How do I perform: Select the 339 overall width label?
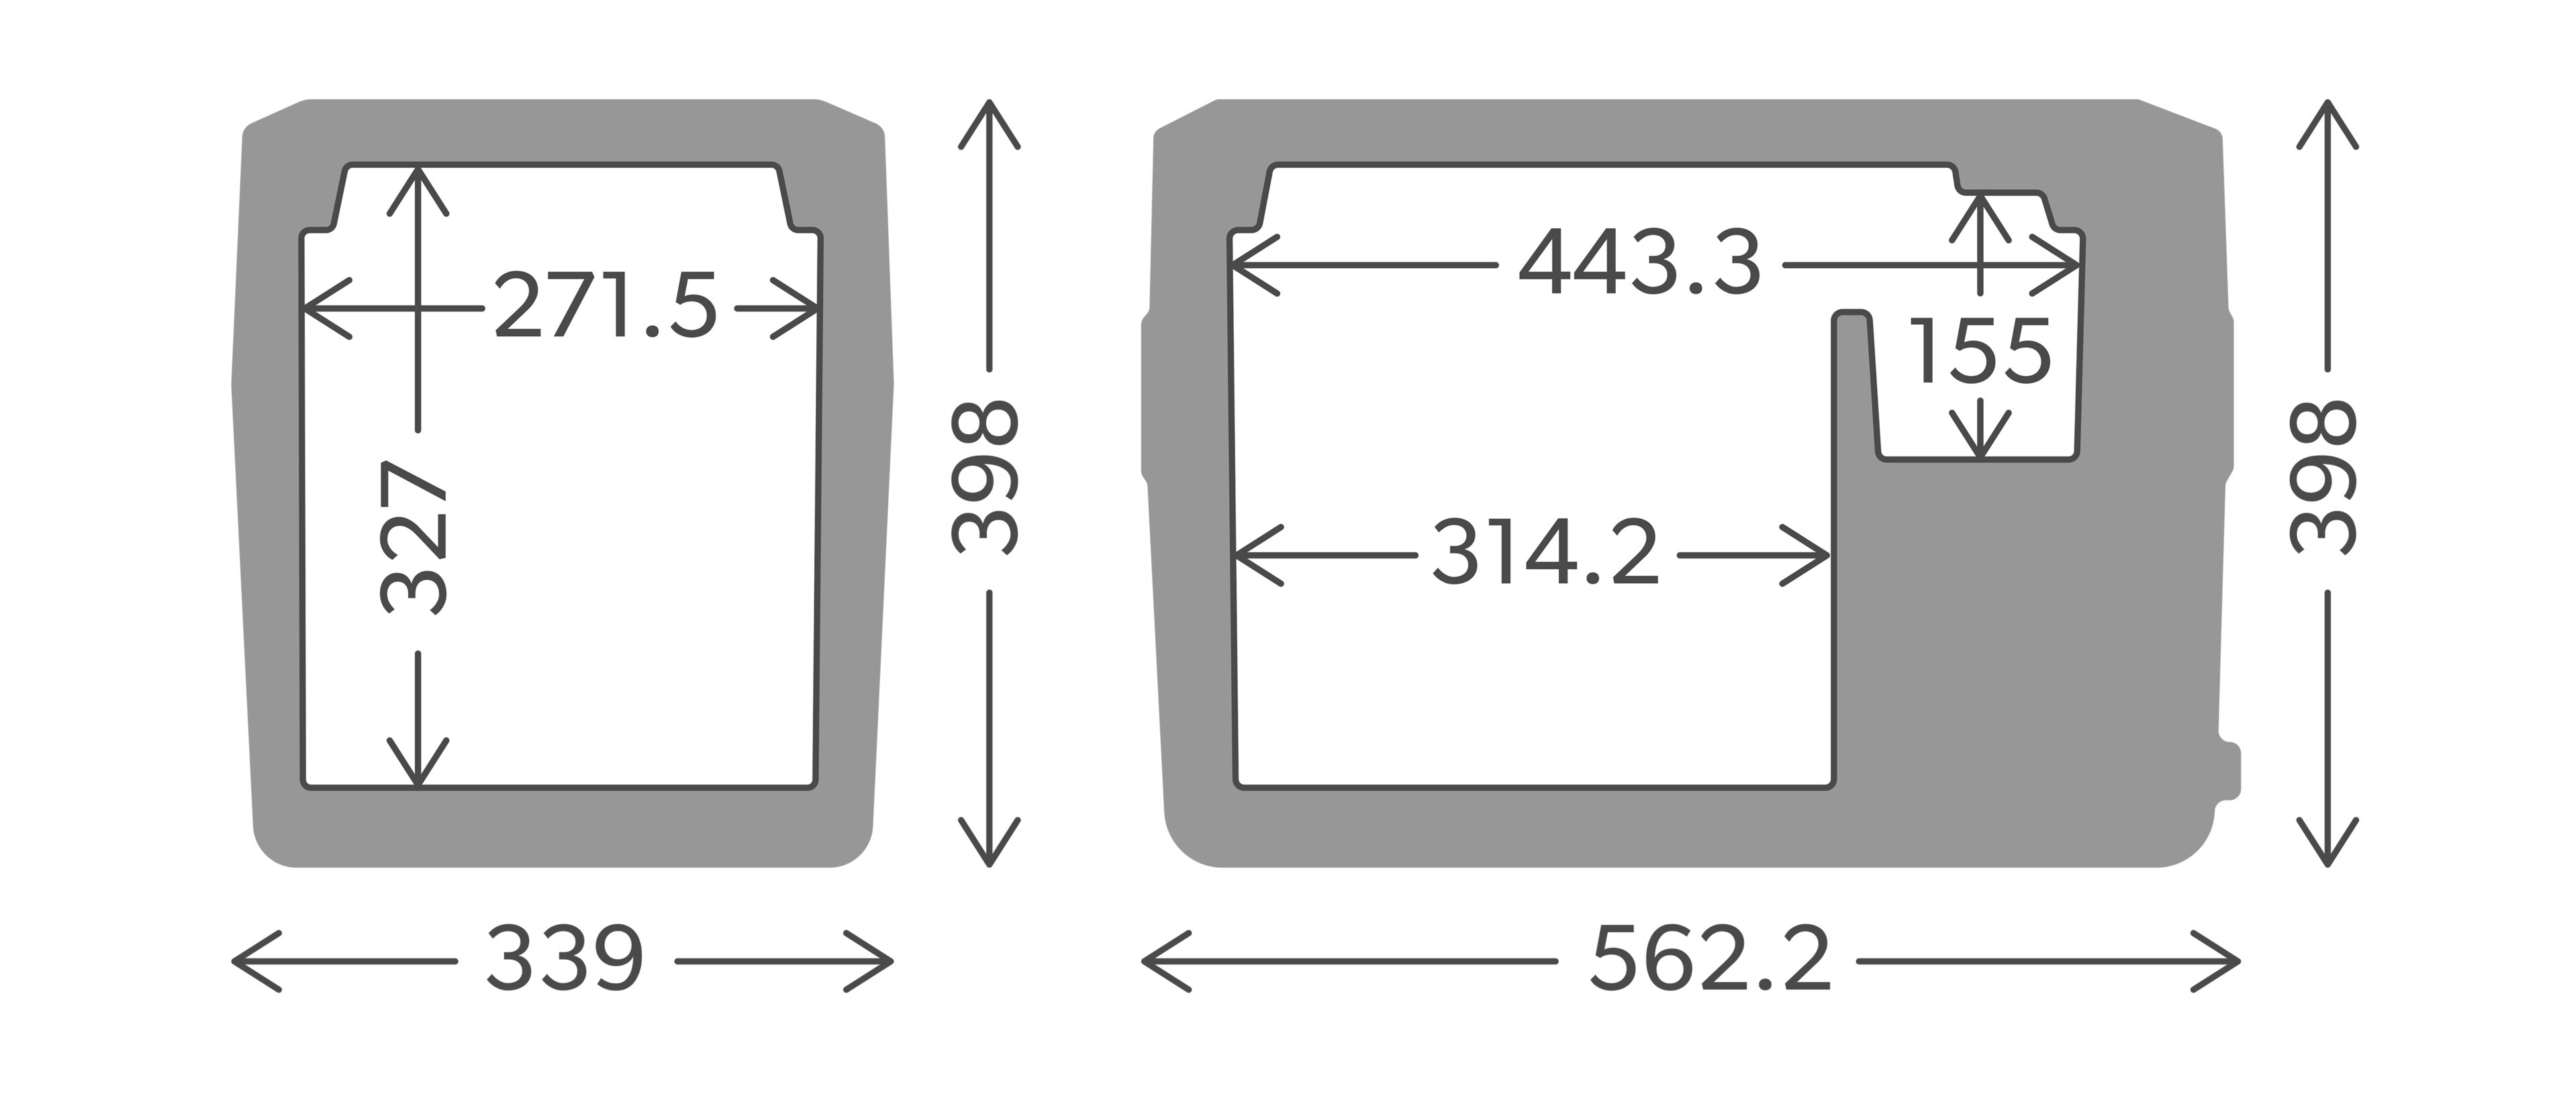coord(565,959)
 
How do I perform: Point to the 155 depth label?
coord(1980,352)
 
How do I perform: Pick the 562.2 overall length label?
coord(1711,959)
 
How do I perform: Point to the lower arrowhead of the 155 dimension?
coord(1980,450)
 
